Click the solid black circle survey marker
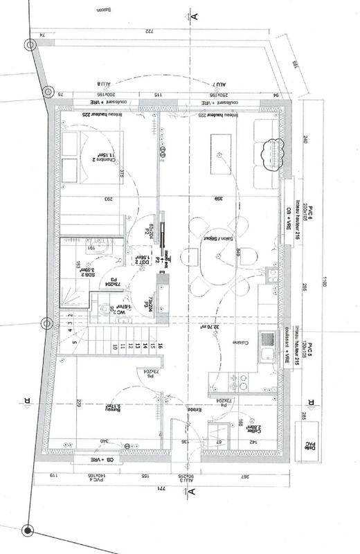27,530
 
